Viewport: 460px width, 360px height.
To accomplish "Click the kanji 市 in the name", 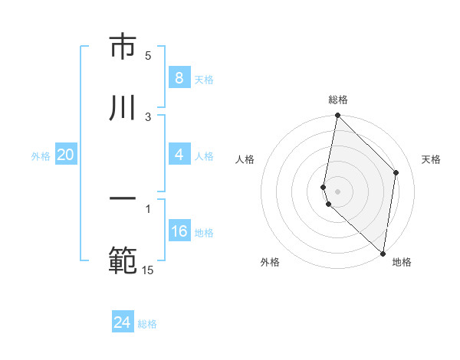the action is [123, 47].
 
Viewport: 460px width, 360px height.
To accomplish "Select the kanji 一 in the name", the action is [123, 198].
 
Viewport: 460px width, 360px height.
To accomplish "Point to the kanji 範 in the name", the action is [123, 260].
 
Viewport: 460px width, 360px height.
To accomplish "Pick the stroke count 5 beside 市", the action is [148, 55].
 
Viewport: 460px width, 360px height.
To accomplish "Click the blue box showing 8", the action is [179, 78].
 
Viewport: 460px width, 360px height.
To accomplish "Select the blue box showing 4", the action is [179, 155].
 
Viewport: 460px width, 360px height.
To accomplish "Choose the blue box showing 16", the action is [179, 231].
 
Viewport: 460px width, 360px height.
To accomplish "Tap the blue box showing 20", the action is [65, 155].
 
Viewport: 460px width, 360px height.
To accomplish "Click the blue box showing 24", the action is [123, 322].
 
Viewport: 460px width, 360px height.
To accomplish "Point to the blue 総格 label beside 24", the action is [147, 324].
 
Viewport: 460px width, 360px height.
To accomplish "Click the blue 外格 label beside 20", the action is [41, 156].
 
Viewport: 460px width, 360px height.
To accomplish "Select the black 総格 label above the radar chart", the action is [338, 100].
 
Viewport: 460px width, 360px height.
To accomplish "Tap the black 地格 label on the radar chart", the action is [402, 262].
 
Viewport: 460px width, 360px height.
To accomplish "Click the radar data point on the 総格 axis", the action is [337, 116].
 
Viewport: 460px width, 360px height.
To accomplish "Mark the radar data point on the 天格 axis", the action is [396, 172].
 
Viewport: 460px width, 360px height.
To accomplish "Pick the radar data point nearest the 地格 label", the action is [383, 253].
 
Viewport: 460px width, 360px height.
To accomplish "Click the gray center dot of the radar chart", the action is [337, 191].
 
